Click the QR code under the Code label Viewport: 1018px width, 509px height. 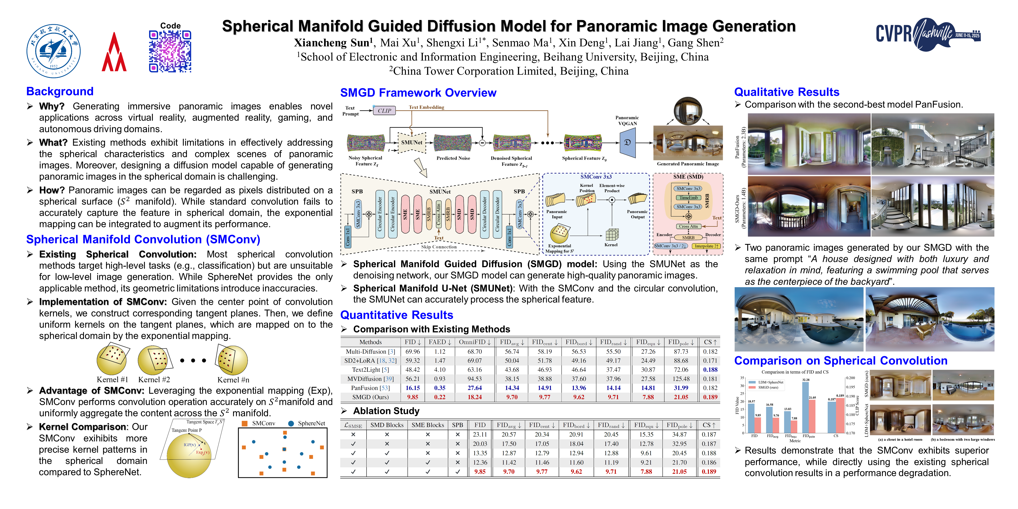coord(170,51)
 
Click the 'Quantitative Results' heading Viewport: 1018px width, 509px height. coord(396,315)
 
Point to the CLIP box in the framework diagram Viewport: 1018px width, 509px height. coord(384,111)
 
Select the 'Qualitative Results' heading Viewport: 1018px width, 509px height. coord(786,92)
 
